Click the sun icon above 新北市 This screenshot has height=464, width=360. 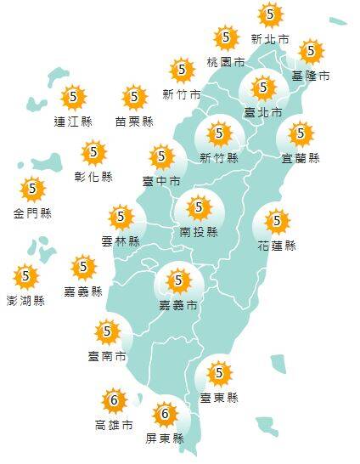point(270,14)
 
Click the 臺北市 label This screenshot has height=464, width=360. point(262,111)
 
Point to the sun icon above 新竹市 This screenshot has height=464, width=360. point(181,70)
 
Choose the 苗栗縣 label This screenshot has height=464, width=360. point(134,122)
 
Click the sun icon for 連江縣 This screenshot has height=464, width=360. point(74,97)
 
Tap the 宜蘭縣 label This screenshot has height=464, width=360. point(301,158)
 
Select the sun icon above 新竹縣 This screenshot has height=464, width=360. point(219,134)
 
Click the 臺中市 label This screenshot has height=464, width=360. point(161,181)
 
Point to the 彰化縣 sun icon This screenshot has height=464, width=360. point(93,154)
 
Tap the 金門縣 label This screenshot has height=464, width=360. point(33,213)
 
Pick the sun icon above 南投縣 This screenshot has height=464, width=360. point(200,207)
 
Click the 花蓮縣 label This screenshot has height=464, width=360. point(277,246)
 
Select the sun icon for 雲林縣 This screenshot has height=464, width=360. point(121,217)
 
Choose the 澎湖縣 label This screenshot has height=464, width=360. point(25,300)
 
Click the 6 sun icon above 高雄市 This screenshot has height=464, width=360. point(114,399)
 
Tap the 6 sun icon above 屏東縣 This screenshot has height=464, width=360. point(165,415)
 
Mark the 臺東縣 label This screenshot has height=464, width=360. point(219,397)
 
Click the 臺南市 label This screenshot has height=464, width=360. point(107,356)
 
